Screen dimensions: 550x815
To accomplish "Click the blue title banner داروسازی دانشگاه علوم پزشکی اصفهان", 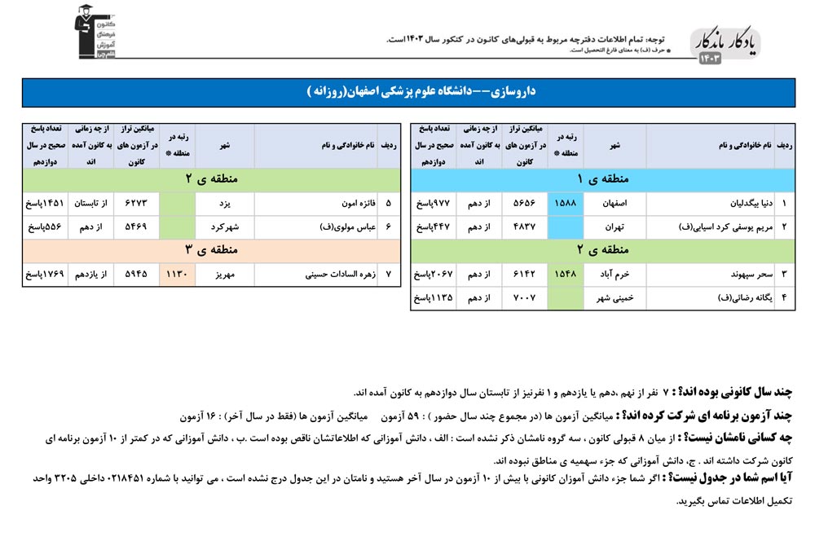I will coord(407,92).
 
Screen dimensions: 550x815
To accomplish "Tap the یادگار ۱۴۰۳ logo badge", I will coord(725,49).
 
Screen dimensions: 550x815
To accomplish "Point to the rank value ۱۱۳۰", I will coord(176,275).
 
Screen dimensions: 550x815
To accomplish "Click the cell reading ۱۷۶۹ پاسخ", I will coord(43,275).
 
